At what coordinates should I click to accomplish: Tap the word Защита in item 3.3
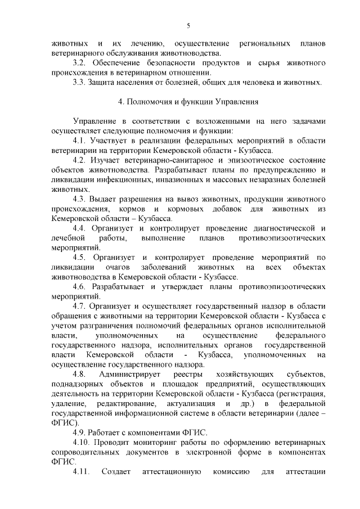pos(101,82)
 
